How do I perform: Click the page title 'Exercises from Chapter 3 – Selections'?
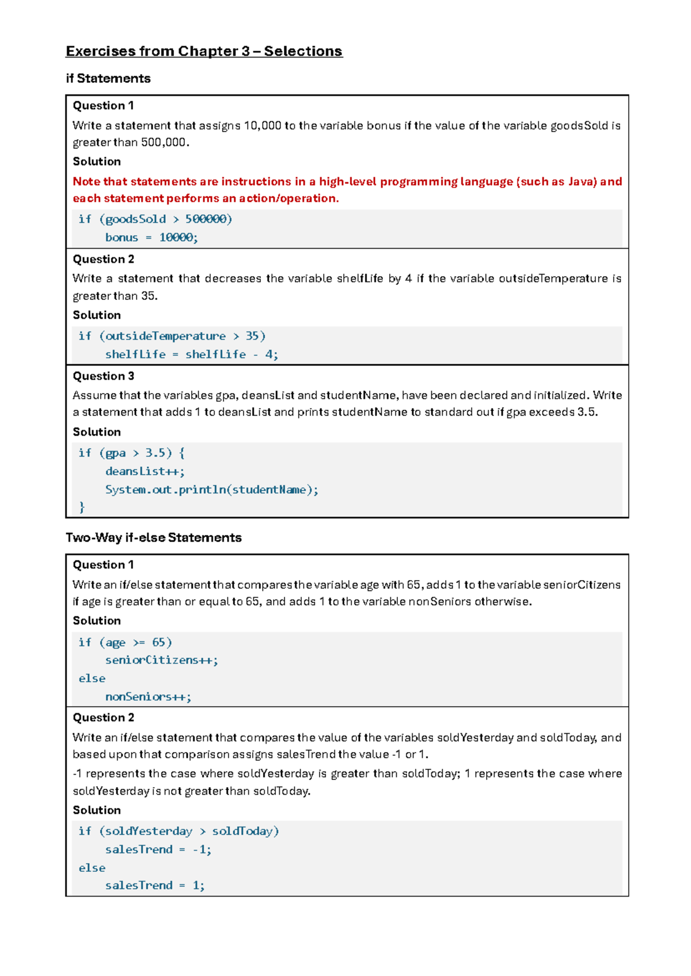204,51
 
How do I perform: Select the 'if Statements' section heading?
108,78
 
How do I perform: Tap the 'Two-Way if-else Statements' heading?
154,537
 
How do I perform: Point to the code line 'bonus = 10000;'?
151,238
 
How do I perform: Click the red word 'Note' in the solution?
86,182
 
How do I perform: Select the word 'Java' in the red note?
582,182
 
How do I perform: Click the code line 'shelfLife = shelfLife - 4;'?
192,354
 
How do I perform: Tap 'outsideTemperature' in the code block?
165,336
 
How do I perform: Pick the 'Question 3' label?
104,376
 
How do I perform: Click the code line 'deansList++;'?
145,471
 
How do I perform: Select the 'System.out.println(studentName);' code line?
211,490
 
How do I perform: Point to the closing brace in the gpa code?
82,507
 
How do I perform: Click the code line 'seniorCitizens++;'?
162,660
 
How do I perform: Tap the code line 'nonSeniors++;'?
148,697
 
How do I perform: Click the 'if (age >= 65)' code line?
126,642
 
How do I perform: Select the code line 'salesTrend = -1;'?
158,849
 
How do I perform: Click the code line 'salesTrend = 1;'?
155,886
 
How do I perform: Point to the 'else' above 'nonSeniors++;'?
92,678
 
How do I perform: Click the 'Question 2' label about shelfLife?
104,260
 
